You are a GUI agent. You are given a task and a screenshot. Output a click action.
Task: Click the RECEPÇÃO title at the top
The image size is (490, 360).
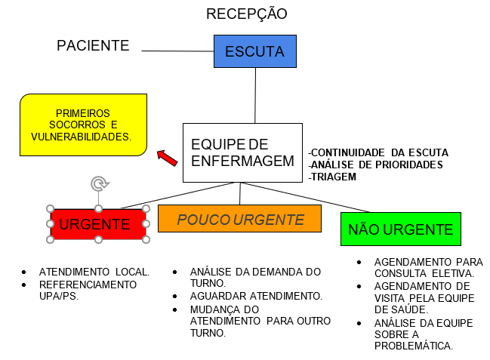click(x=247, y=14)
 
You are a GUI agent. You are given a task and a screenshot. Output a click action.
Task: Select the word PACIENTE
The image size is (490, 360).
click(x=93, y=45)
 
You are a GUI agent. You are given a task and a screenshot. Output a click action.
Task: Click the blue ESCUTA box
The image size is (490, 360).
click(x=255, y=51)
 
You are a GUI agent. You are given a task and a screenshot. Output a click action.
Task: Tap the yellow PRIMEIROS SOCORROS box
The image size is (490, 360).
click(x=83, y=125)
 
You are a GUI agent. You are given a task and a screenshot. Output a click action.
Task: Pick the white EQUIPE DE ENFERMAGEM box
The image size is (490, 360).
click(x=242, y=152)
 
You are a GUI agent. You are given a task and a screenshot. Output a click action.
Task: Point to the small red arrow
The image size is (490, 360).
click(x=167, y=158)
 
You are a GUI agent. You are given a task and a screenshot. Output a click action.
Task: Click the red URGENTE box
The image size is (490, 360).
click(x=98, y=224)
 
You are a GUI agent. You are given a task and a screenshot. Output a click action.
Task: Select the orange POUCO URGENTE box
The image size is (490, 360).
click(x=239, y=218)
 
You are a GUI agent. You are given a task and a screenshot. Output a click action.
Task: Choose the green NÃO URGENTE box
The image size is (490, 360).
click(x=401, y=229)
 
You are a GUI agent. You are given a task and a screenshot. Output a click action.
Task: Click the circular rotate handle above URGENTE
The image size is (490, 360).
click(x=100, y=183)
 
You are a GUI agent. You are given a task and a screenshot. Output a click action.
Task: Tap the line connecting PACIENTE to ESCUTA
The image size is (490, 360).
click(x=177, y=51)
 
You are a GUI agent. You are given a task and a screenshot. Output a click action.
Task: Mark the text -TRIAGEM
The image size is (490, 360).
click(x=332, y=177)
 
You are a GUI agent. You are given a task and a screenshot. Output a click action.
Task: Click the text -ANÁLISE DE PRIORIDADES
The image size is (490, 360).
click(x=375, y=165)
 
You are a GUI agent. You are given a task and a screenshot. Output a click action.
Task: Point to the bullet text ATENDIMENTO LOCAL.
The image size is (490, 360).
click(x=94, y=272)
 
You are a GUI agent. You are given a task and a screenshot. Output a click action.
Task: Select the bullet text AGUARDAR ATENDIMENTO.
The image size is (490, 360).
click(x=256, y=296)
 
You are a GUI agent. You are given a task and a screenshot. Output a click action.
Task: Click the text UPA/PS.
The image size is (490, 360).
click(x=59, y=296)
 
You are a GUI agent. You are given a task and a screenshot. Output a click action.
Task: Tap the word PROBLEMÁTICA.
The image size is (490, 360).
click(x=414, y=346)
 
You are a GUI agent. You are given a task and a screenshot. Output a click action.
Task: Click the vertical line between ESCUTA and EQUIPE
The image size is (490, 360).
click(x=255, y=95)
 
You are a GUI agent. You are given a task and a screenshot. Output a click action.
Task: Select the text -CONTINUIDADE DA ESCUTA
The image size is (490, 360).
click(x=378, y=152)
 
